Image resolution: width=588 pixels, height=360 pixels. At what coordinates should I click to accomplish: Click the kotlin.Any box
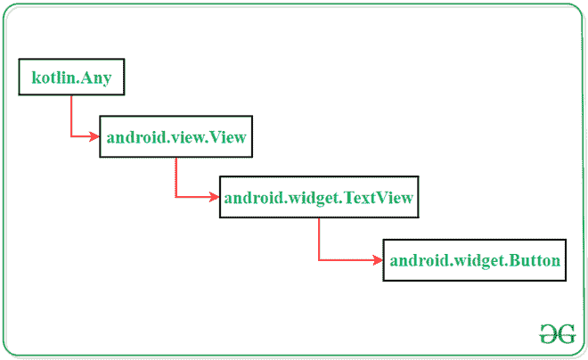pyautogui.click(x=70, y=78)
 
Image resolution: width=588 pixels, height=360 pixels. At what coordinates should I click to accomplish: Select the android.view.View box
pyautogui.click(x=176, y=137)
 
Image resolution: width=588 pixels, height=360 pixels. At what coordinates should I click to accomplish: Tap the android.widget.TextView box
pyautogui.click(x=319, y=198)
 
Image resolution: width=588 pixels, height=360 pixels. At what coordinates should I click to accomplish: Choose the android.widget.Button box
pyautogui.click(x=475, y=260)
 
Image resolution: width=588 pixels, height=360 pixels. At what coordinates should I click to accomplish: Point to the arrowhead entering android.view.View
pyautogui.click(x=94, y=137)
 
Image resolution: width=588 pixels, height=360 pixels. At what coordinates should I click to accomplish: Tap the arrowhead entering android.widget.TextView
pyautogui.click(x=215, y=197)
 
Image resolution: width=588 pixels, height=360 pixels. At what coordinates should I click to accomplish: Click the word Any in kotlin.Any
pyautogui.click(x=94, y=78)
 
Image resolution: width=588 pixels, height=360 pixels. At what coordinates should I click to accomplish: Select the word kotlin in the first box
pyautogui.click(x=51, y=78)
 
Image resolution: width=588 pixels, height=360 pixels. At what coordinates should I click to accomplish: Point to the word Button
pyautogui.click(x=535, y=261)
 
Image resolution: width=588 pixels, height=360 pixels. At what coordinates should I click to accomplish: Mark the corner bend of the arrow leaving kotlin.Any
pyautogui.click(x=71, y=137)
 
